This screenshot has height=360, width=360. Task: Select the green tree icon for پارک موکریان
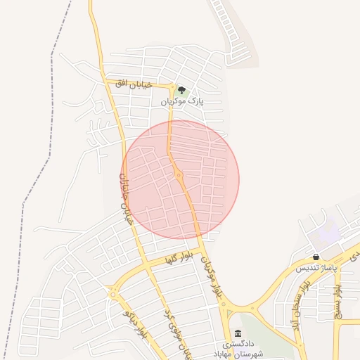(x=182, y=90)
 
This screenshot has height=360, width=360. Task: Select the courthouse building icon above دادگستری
(x=238, y=333)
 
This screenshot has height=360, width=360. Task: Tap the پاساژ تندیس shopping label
(x=316, y=269)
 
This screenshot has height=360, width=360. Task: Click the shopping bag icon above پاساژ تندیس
(x=316, y=257)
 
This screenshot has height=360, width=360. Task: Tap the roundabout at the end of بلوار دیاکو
(x=113, y=293)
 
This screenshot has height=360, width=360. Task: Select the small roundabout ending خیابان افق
(x=172, y=86)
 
